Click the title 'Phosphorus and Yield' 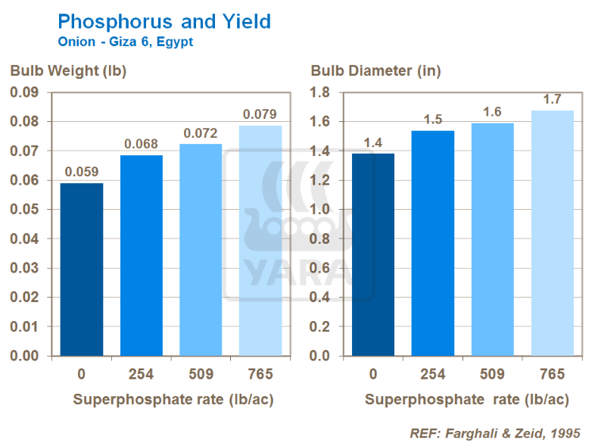(x=164, y=21)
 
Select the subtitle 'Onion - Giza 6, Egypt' (x=126, y=42)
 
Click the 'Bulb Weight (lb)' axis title (x=67, y=71)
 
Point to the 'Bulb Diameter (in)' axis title (x=375, y=71)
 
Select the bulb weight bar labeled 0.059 (x=81, y=269)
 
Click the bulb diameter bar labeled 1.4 (x=372, y=254)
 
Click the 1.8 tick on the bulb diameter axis (x=322, y=92)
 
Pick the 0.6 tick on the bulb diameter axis (x=322, y=268)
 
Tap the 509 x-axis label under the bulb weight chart (x=201, y=374)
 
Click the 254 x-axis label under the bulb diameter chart (x=432, y=374)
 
